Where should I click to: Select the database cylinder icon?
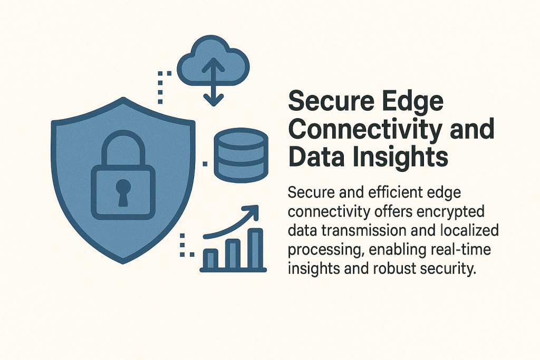[x=240, y=155]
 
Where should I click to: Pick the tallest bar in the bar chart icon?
[x=255, y=248]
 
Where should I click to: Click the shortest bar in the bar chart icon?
[x=211, y=259]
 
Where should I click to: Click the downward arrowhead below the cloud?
[x=214, y=100]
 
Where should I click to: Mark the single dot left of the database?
[x=205, y=164]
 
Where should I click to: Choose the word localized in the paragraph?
[x=469, y=230]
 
